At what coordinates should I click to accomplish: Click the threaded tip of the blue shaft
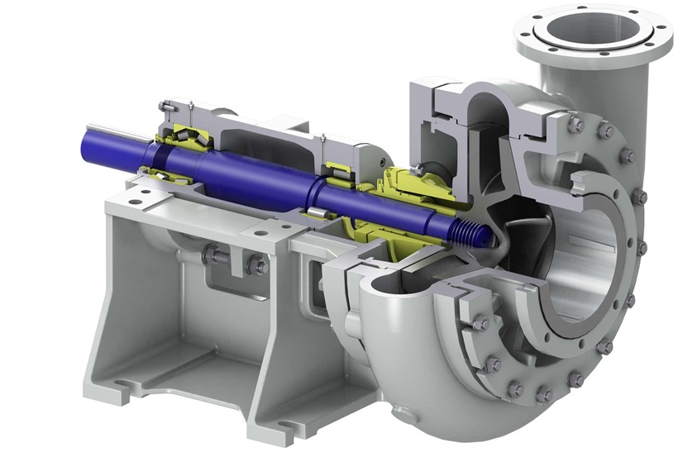point(480,234)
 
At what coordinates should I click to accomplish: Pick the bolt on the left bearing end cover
point(165,107)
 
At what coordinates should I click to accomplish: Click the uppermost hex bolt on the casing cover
point(575,124)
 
